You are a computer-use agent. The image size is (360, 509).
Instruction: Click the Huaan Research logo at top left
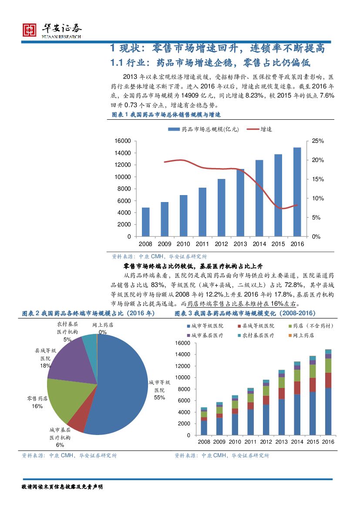(x=52, y=30)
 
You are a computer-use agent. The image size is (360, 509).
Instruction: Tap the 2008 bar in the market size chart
(x=145, y=222)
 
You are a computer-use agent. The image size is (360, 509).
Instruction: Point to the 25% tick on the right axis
(x=318, y=141)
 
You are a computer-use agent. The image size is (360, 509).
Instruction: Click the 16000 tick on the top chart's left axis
(x=123, y=141)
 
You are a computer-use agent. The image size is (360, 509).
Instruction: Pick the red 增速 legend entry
(x=259, y=129)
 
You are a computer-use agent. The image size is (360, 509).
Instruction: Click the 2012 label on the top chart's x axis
(x=221, y=244)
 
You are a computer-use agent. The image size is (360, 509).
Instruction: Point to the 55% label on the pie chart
(x=159, y=398)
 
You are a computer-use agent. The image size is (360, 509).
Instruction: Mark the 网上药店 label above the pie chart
(x=103, y=325)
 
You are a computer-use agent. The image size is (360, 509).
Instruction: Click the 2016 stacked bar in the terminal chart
(x=328, y=392)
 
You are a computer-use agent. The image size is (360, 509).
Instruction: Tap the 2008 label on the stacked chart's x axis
(x=204, y=442)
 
